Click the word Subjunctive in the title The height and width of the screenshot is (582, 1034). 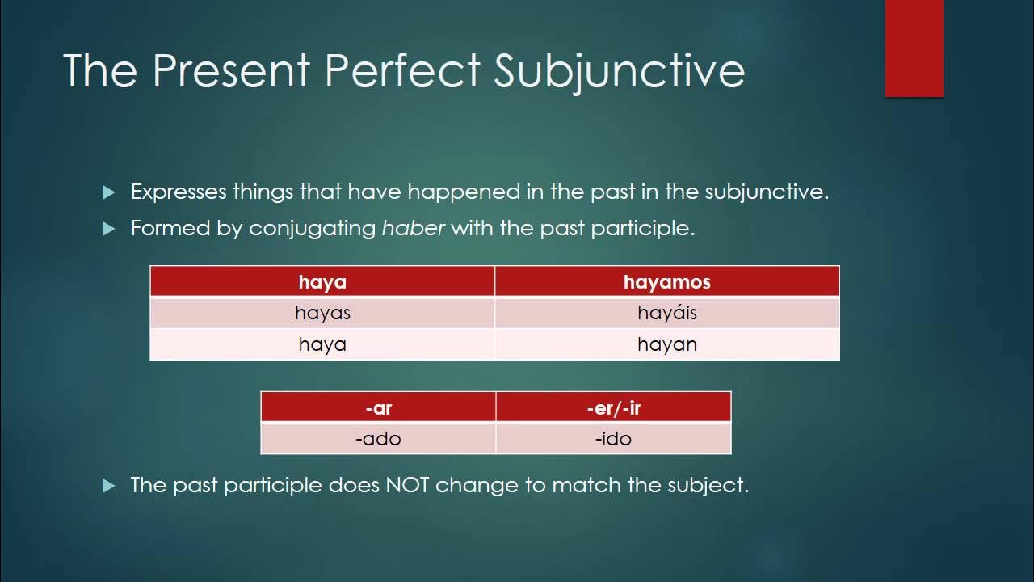(x=619, y=70)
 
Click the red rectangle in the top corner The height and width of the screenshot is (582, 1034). (x=914, y=48)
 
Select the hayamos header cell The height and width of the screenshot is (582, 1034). (x=667, y=281)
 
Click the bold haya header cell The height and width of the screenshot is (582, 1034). (x=322, y=281)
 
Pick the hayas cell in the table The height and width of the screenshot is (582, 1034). (x=322, y=313)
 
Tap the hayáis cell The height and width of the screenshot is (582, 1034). (x=667, y=313)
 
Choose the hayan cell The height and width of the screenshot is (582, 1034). (x=667, y=344)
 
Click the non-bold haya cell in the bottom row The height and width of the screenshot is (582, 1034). (x=322, y=344)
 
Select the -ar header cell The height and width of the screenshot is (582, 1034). (x=378, y=407)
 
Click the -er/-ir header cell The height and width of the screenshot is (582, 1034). (x=613, y=407)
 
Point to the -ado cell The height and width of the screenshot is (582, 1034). (x=378, y=439)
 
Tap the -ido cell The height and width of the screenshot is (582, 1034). (x=613, y=439)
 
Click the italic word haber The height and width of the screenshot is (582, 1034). (x=414, y=228)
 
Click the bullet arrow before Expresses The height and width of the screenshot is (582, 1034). (x=109, y=192)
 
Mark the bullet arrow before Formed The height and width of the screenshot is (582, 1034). (x=109, y=229)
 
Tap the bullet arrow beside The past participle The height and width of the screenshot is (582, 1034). (x=109, y=486)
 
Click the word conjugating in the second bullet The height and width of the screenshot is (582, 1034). (x=313, y=229)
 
